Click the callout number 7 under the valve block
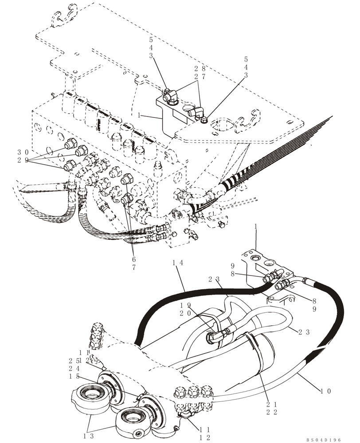133,268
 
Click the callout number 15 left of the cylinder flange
74,376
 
